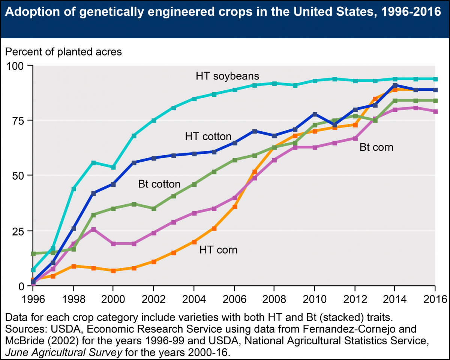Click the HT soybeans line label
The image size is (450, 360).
tap(227, 76)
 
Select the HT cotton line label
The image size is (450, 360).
tap(208, 136)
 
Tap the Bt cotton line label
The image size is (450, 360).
tap(159, 184)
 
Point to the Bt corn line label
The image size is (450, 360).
tap(376, 147)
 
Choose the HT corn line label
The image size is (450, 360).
tap(218, 249)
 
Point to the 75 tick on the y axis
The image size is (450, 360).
tap(19, 121)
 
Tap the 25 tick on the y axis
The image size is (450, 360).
tap(19, 231)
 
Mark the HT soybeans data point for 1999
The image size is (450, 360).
tap(93, 163)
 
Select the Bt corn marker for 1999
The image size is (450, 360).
tap(93, 229)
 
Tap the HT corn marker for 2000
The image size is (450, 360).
tap(113, 270)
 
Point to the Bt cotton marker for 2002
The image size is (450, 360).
tap(153, 208)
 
